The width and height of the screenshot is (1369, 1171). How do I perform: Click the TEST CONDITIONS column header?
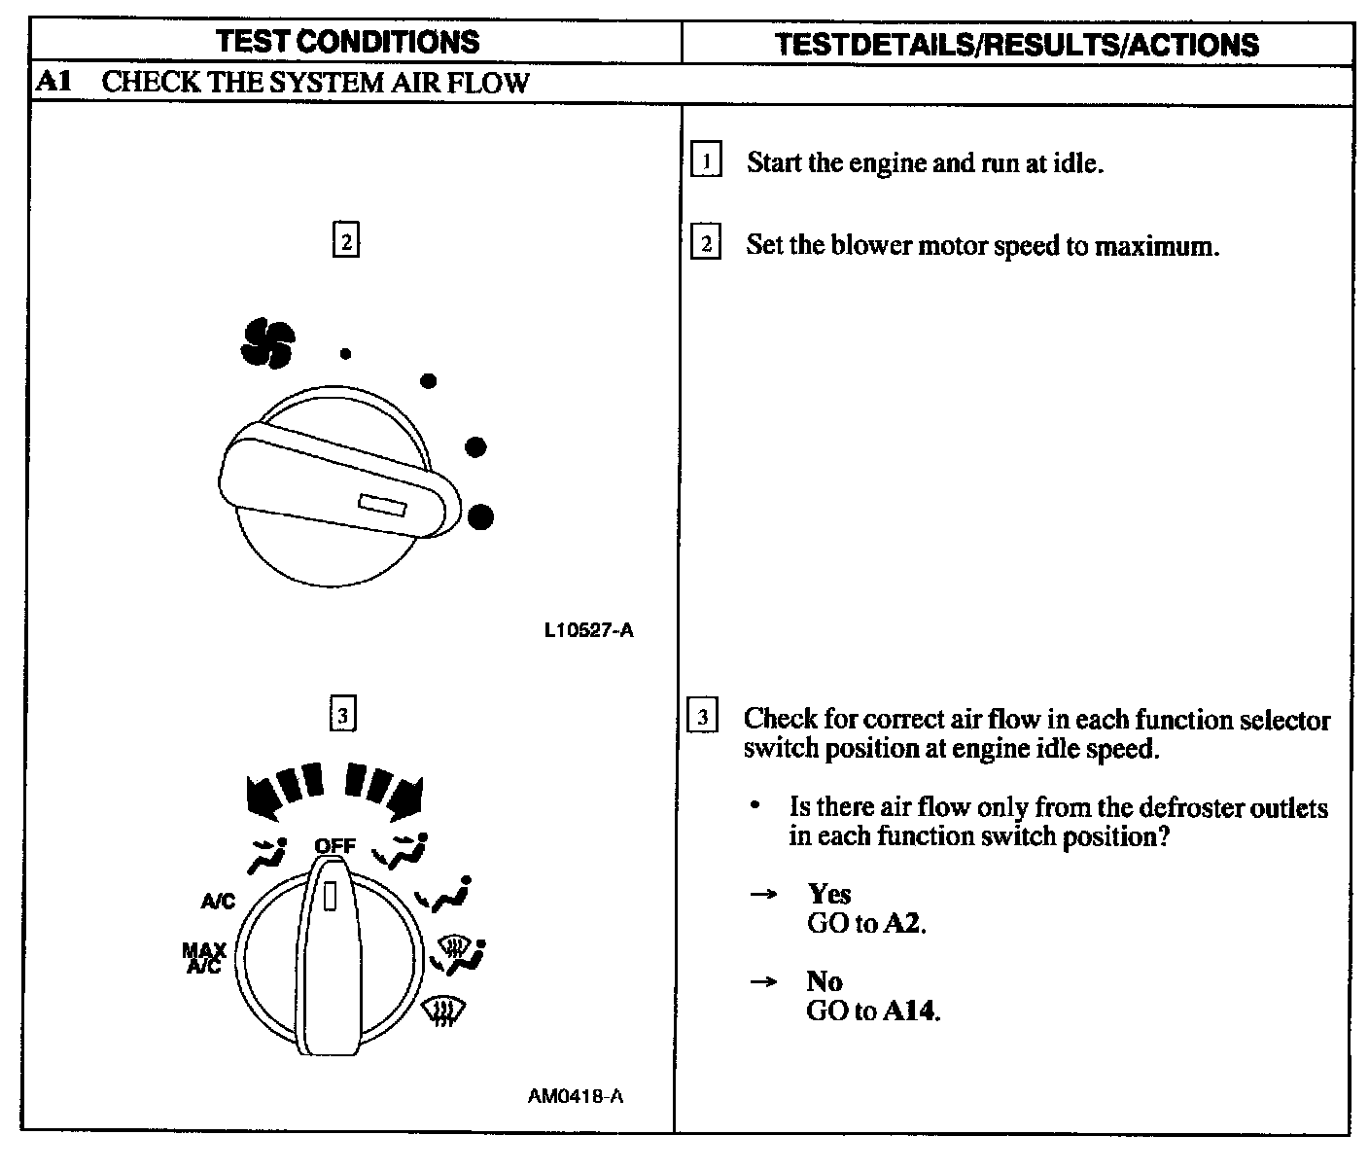347,42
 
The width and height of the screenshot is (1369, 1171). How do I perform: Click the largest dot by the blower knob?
479,516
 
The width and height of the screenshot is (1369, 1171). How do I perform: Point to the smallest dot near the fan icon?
345,354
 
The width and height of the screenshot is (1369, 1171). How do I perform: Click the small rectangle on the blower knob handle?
382,505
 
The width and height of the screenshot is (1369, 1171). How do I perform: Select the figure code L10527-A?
588,630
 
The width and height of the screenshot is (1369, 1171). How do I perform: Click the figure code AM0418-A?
576,1096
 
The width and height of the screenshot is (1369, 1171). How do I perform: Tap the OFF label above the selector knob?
334,845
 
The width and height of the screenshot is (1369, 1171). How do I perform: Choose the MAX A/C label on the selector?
204,958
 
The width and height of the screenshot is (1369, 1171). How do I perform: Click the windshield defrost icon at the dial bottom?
444,1013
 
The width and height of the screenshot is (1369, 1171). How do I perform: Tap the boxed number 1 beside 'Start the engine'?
706,160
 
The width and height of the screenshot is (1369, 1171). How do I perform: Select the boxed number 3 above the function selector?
342,716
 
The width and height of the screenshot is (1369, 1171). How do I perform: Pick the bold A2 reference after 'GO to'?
903,923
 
